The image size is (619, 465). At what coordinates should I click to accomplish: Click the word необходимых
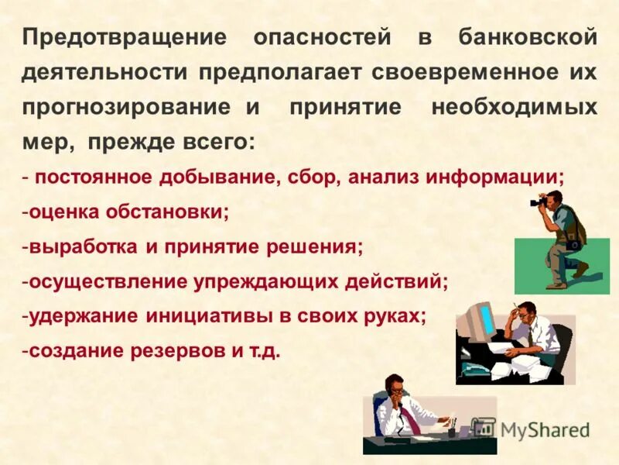click(514, 108)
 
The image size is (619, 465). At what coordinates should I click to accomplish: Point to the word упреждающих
click(283, 281)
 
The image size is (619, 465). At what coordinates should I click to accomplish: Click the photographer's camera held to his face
click(539, 202)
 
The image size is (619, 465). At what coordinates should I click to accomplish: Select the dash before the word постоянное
click(26, 177)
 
